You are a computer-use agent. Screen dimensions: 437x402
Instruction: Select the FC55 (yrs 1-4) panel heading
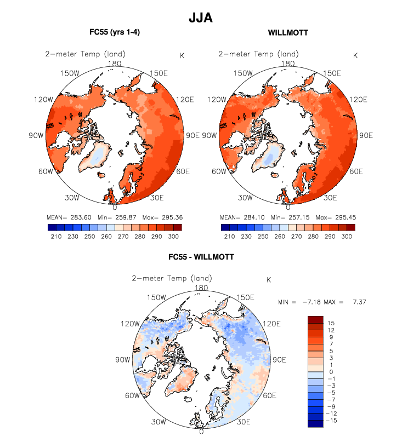click(115, 33)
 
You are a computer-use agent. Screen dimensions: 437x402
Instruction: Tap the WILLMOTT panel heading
click(288, 33)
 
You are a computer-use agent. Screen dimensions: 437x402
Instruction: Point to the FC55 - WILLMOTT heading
click(201, 257)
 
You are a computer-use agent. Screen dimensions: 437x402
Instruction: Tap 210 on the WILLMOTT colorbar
click(227, 237)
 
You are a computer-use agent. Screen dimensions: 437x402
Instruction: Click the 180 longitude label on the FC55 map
click(115, 63)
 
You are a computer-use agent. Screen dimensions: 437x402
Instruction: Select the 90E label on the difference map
click(280, 360)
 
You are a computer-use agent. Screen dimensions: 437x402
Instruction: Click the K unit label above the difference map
click(269, 280)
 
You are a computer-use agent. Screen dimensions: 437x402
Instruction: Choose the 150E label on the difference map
click(244, 297)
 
